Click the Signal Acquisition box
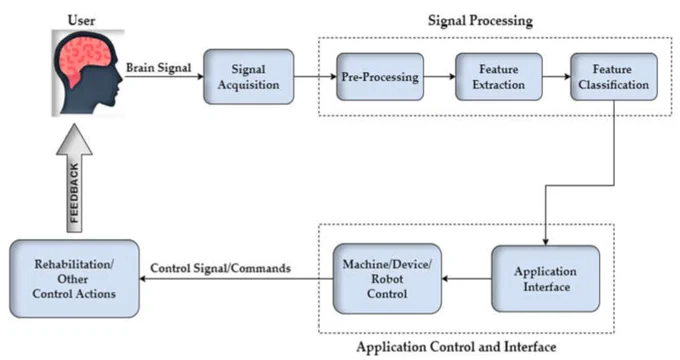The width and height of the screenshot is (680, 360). [x=248, y=77]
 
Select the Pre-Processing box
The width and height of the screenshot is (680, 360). [x=380, y=77]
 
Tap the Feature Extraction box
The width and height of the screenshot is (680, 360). [x=499, y=77]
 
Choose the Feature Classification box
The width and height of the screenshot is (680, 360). [x=614, y=77]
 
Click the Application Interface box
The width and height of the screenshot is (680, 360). [x=546, y=279]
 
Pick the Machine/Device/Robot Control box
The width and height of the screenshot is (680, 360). [x=387, y=279]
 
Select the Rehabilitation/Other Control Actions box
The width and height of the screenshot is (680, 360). [x=74, y=279]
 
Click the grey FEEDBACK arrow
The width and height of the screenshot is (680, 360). [x=75, y=178]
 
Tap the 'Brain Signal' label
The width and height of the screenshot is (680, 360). [x=158, y=68]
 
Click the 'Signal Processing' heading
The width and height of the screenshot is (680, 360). [x=480, y=21]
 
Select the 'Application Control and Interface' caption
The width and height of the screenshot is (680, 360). [x=456, y=347]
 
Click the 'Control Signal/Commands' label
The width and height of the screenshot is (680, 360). [x=220, y=268]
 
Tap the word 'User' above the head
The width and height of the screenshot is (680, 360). [x=82, y=20]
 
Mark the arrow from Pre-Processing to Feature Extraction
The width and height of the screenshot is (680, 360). [x=440, y=77]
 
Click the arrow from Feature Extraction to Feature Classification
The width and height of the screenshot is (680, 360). [x=556, y=77]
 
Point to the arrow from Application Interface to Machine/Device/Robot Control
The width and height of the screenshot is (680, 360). [x=467, y=278]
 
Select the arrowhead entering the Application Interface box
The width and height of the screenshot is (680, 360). [x=546, y=242]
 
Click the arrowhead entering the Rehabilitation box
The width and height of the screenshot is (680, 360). [x=143, y=278]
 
